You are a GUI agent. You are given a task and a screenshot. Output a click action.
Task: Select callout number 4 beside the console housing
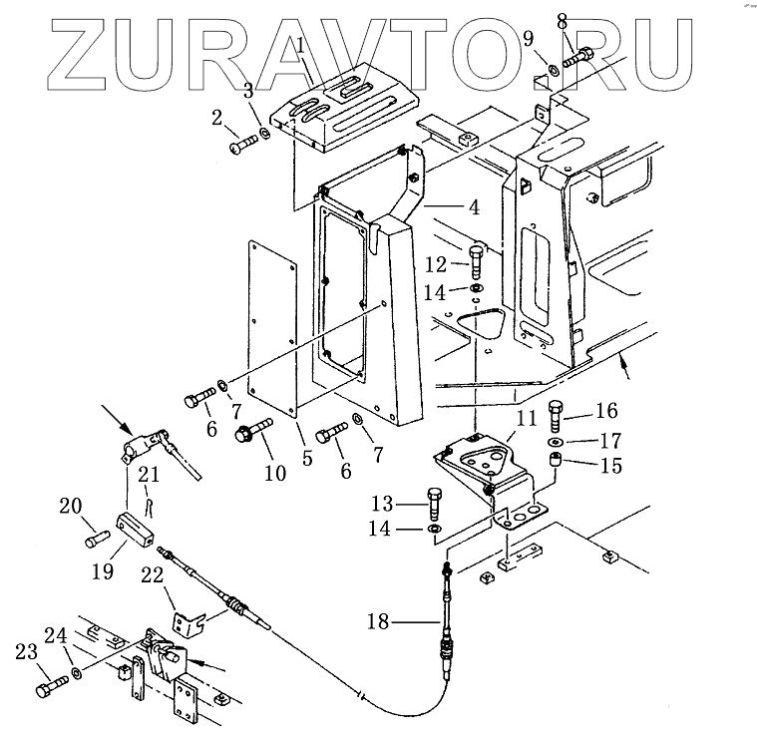tap(474, 209)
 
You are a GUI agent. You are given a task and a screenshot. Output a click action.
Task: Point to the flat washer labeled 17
tap(555, 441)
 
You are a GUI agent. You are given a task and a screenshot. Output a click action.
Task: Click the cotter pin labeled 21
tap(148, 504)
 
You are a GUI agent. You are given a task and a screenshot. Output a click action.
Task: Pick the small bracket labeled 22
tap(187, 624)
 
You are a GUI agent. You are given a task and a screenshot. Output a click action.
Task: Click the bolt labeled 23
tap(46, 689)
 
